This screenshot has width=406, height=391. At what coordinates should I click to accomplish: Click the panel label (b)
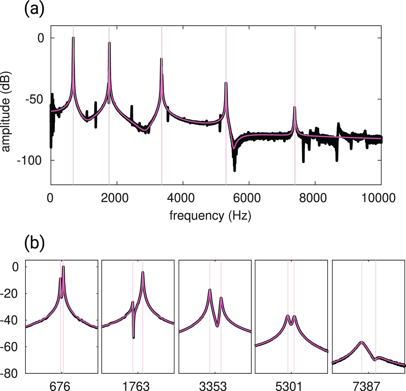(x=34, y=243)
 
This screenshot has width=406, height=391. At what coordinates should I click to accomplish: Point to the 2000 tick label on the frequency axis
(x=116, y=198)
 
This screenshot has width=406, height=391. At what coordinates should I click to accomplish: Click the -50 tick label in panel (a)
(x=36, y=99)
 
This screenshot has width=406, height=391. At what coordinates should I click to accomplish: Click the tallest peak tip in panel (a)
(x=73, y=38)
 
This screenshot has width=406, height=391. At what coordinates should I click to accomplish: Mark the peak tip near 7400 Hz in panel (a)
(x=295, y=107)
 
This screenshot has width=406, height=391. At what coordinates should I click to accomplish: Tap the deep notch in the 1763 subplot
(x=134, y=338)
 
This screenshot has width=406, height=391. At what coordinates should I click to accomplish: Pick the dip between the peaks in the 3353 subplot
(x=217, y=326)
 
